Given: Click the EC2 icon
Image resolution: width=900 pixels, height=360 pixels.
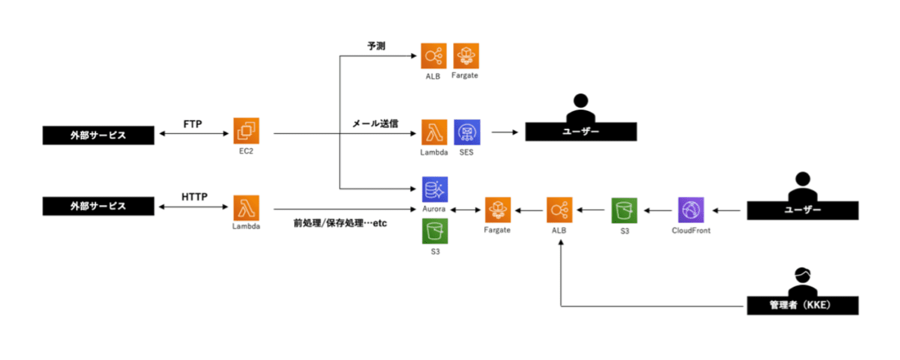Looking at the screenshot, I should pyautogui.click(x=246, y=131).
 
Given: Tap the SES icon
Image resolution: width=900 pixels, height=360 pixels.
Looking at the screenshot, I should pyautogui.click(x=466, y=132).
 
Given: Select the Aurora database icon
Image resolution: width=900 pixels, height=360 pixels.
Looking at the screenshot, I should pyautogui.click(x=434, y=190).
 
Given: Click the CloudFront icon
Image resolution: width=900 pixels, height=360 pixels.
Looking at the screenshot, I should pyautogui.click(x=691, y=210).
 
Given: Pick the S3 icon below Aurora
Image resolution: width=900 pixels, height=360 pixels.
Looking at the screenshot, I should pyautogui.click(x=434, y=231).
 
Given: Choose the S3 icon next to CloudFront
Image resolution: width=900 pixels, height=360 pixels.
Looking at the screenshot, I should pyautogui.click(x=625, y=210).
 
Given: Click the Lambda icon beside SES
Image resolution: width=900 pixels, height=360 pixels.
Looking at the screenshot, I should pyautogui.click(x=434, y=132).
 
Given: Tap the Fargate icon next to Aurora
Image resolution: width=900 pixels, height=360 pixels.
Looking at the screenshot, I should pyautogui.click(x=497, y=210).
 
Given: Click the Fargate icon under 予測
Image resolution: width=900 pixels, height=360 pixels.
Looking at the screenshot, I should pyautogui.click(x=466, y=56).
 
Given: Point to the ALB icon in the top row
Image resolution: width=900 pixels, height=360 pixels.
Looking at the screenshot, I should pyautogui.click(x=433, y=56).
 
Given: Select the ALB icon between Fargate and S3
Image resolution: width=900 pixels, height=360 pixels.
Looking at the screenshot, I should pyautogui.click(x=559, y=210).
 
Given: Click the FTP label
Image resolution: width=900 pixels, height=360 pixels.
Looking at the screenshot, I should pyautogui.click(x=193, y=124).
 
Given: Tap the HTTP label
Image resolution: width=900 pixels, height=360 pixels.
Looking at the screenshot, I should pyautogui.click(x=194, y=197).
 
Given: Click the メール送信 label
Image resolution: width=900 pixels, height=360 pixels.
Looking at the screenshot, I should pyautogui.click(x=375, y=124).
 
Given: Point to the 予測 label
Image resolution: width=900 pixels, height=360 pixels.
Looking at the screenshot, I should pyautogui.click(x=376, y=46).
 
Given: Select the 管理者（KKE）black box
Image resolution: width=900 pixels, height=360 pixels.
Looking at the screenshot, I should pyautogui.click(x=802, y=305).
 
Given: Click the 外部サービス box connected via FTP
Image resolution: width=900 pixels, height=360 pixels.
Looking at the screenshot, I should pyautogui.click(x=98, y=135).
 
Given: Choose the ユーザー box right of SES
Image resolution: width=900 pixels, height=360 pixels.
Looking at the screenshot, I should pyautogui.click(x=581, y=131).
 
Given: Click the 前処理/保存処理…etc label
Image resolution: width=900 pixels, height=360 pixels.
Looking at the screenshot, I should pyautogui.click(x=340, y=223).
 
